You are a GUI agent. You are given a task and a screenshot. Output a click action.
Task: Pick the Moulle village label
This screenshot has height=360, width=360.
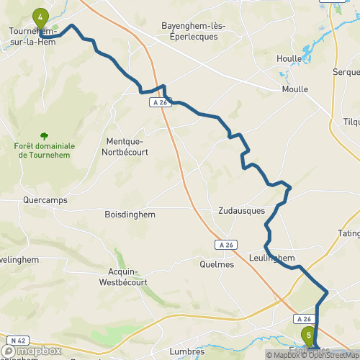294,89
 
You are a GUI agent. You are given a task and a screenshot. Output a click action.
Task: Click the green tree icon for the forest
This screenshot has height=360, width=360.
45,135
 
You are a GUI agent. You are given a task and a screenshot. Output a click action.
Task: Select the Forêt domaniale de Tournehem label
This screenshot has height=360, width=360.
45,150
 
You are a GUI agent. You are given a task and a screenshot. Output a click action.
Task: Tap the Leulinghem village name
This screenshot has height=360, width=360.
271,258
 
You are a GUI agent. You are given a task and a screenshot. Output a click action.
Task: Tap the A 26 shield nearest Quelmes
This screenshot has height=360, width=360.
225,245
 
